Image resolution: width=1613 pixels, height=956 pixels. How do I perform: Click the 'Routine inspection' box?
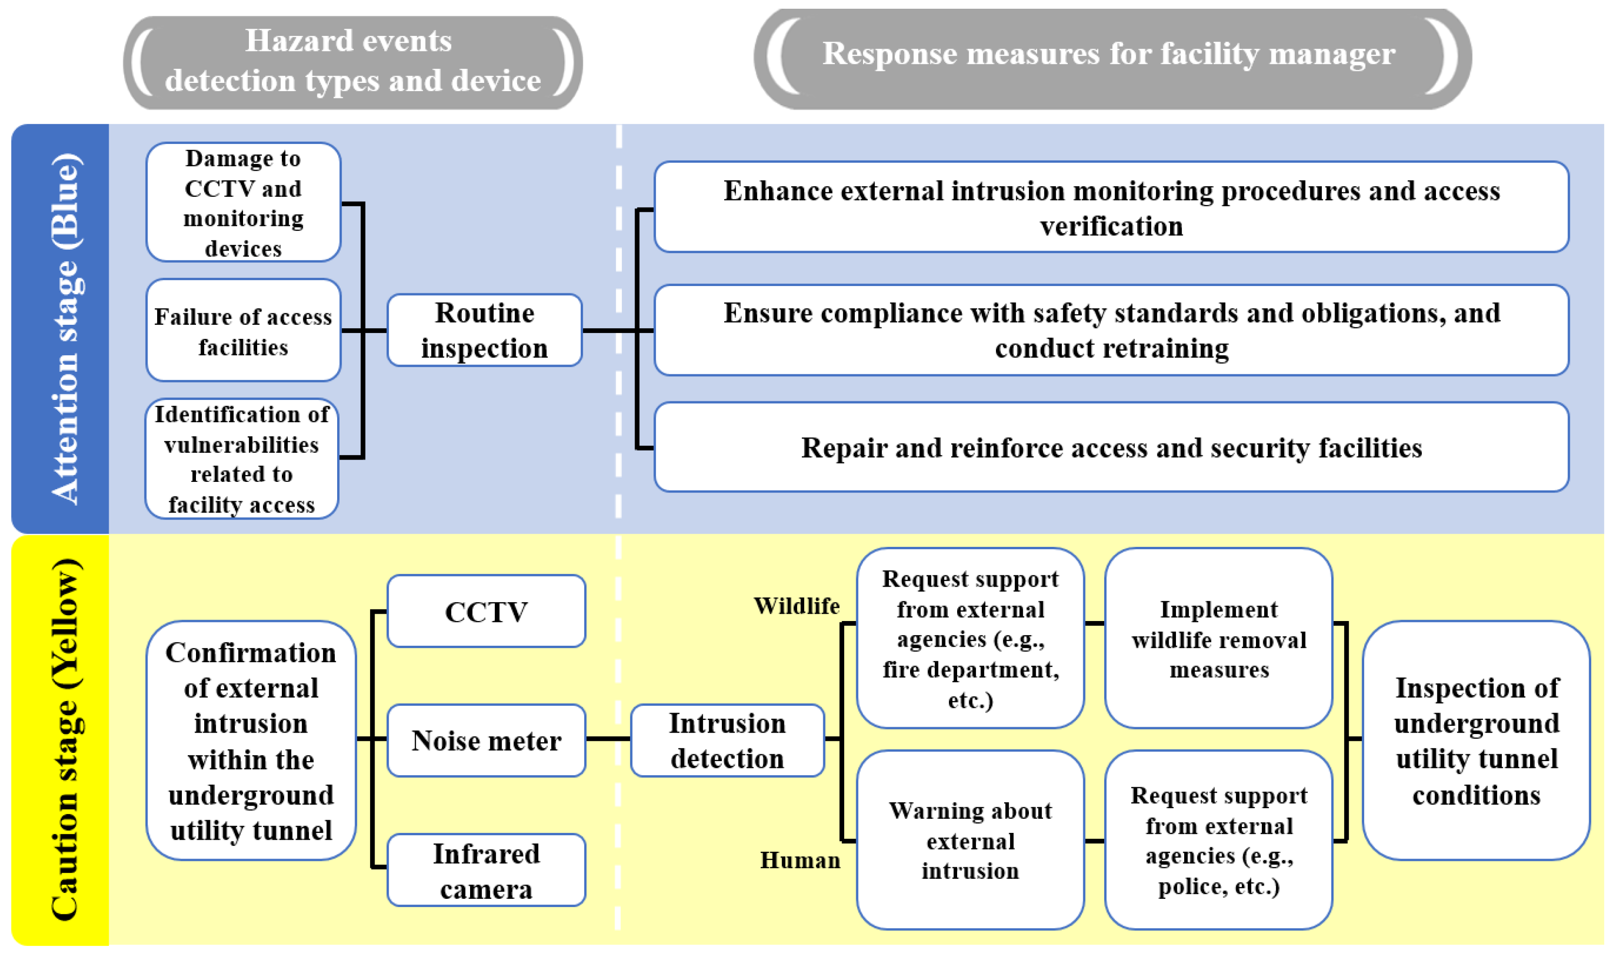(485, 331)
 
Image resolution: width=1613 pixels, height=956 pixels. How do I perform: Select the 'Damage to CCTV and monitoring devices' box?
(243, 202)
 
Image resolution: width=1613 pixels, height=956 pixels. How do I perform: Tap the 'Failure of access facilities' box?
(243, 331)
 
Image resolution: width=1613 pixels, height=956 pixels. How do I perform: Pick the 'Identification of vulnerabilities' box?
(242, 459)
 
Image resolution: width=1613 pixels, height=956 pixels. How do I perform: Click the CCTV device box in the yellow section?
(486, 611)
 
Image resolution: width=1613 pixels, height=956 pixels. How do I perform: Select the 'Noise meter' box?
(486, 740)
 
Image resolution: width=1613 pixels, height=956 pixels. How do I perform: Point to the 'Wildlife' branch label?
(797, 606)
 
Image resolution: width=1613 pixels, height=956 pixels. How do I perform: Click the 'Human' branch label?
(800, 860)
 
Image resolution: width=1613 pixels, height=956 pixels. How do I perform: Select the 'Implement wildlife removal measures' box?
(1218, 638)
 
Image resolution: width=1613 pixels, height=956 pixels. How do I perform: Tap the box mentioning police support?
(1218, 840)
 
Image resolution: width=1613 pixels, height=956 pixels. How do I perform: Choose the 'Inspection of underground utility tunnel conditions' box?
(1476, 740)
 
